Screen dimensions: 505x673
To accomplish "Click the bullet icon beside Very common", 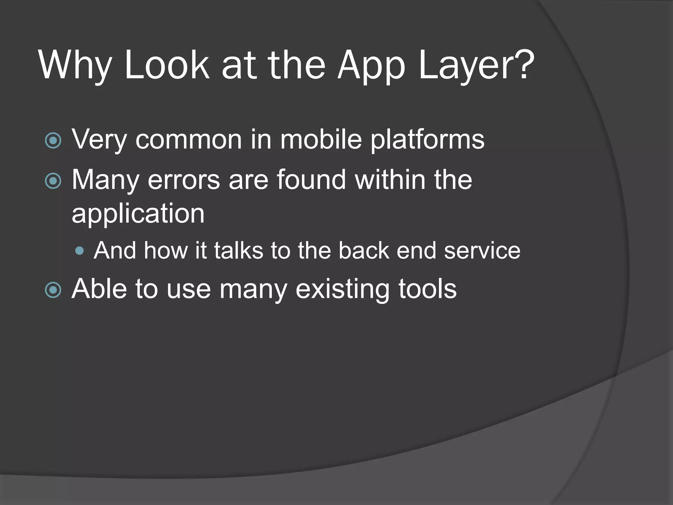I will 53,141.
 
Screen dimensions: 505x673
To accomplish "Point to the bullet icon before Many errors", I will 53,181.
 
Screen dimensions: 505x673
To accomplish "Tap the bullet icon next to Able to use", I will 53,290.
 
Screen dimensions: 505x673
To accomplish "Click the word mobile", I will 321,139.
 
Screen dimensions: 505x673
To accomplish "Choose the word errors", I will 184,180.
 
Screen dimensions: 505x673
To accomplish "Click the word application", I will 138,214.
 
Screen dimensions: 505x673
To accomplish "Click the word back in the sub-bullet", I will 363,251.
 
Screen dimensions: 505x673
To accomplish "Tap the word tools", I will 428,289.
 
